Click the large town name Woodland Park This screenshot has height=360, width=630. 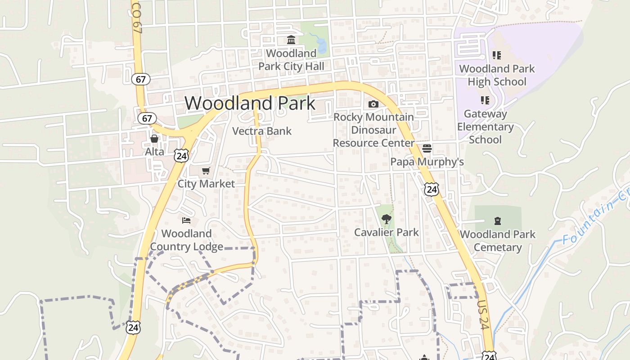click(x=250, y=103)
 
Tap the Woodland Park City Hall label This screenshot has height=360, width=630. click(x=291, y=60)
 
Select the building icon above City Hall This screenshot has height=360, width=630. click(x=291, y=40)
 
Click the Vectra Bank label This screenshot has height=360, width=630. click(x=262, y=131)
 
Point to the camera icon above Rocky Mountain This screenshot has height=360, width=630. click(x=373, y=104)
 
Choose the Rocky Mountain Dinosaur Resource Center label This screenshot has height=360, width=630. click(x=373, y=130)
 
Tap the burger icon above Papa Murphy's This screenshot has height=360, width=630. click(x=427, y=148)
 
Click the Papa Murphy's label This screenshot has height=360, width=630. click(x=427, y=162)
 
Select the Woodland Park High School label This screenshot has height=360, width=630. click(x=497, y=75)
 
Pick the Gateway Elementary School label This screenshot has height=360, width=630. click(x=485, y=127)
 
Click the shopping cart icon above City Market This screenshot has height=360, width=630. click(x=206, y=171)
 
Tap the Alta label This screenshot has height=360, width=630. click(x=154, y=152)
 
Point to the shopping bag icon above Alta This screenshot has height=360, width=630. click(x=154, y=138)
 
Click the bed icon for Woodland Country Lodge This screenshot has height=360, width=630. click(x=186, y=220)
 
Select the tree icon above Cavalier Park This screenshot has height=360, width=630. click(x=386, y=219)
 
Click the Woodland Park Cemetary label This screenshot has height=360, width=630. click(x=498, y=241)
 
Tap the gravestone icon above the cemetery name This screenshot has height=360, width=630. click(x=498, y=221)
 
